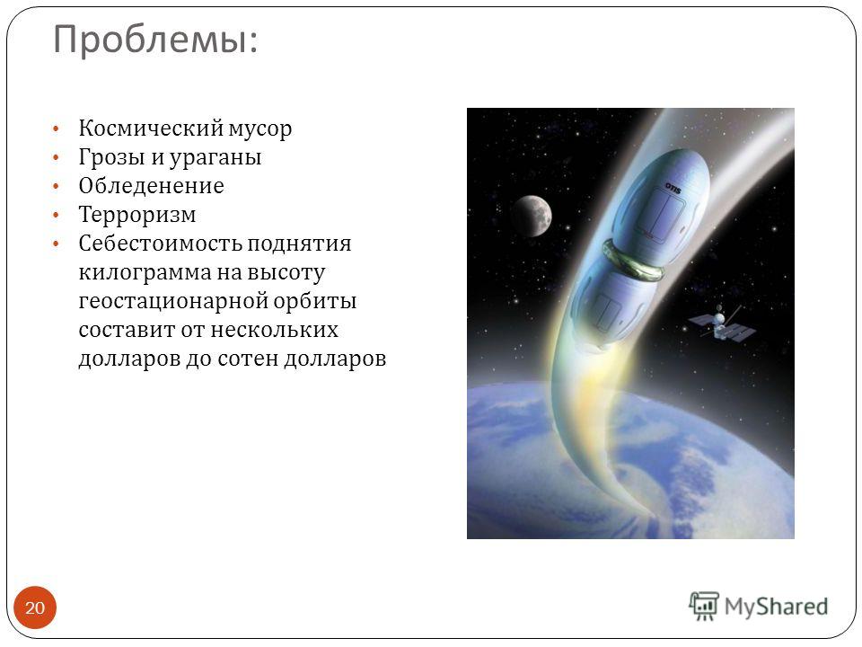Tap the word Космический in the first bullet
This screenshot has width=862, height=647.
pos(150,129)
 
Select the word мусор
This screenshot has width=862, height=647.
pos(260,129)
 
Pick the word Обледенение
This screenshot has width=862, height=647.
pos(151,186)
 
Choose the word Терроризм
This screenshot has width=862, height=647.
pos(136,215)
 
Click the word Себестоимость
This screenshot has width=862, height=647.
pos(160,244)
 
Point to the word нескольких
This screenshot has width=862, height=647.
pos(275,330)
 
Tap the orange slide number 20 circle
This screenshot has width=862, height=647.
pos(35,607)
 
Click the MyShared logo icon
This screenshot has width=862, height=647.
pos(704,606)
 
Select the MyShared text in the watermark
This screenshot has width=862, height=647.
pos(776,607)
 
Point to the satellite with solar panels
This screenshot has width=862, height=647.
pos(721,324)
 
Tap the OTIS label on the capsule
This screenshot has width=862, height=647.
pos(673,188)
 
